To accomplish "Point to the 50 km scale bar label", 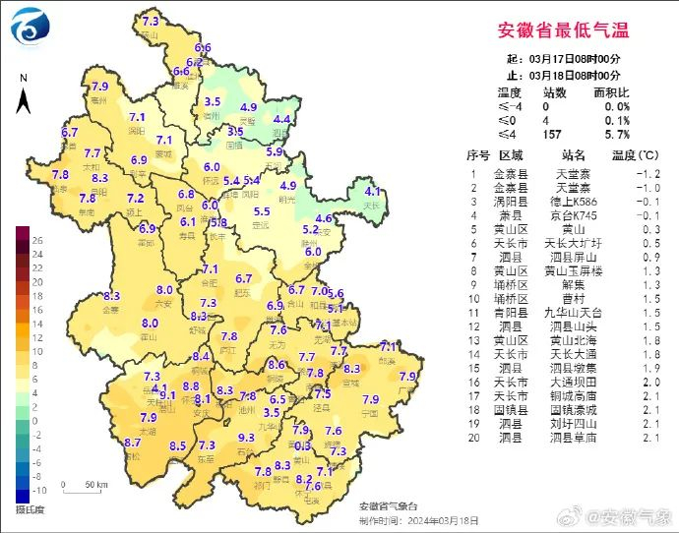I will [x=95, y=486].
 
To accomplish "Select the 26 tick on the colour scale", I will [x=37, y=239].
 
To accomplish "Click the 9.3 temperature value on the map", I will [x=247, y=438].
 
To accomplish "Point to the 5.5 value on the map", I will [x=262, y=211].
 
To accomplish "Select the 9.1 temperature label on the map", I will [x=167, y=395].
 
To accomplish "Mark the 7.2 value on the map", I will [x=136, y=198].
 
